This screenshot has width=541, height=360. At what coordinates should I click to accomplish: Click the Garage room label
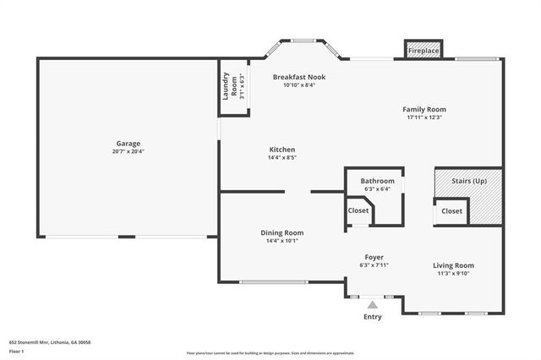(x=128, y=144)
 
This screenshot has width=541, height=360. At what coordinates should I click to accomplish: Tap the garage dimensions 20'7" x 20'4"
(x=128, y=152)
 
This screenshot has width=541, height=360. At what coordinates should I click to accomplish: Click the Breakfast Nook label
(x=298, y=77)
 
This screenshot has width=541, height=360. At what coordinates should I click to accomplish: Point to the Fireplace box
(x=424, y=51)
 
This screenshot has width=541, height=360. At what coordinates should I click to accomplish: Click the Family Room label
(x=424, y=109)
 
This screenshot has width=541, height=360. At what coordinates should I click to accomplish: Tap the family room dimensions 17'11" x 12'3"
(x=424, y=117)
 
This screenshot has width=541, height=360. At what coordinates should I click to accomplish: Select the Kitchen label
(x=281, y=149)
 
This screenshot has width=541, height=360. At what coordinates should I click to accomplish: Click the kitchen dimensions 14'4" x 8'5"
(x=281, y=157)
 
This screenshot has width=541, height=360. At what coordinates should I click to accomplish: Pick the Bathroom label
(x=377, y=181)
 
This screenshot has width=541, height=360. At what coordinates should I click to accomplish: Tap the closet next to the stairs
(x=451, y=211)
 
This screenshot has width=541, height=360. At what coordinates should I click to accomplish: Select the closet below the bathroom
(x=358, y=211)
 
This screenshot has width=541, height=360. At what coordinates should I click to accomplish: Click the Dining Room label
(x=281, y=232)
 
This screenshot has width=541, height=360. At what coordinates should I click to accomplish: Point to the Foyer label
(x=374, y=257)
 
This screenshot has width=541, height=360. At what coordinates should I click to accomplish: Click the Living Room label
(x=453, y=265)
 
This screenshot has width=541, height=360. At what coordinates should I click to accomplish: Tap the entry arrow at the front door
(x=373, y=305)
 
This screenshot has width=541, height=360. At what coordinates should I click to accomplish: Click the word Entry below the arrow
(x=373, y=317)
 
